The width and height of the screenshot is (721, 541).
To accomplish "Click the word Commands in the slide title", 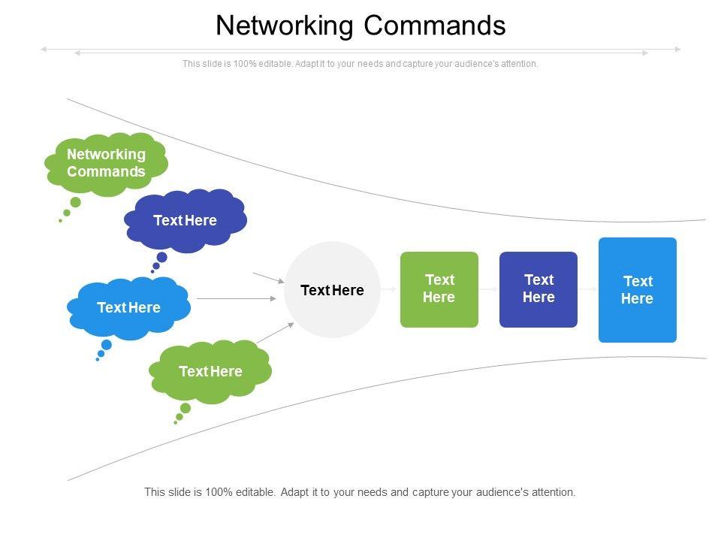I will click(435, 26).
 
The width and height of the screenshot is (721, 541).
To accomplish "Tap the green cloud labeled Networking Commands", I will click(106, 163).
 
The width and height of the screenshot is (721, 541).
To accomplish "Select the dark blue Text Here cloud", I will click(185, 220).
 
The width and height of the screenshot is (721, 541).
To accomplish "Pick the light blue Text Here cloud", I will click(128, 307).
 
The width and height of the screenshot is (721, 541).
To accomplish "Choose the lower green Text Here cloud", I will click(210, 371).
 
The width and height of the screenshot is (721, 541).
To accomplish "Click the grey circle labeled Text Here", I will click(332, 290).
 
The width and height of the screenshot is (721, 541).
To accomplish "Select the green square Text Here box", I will click(439, 289).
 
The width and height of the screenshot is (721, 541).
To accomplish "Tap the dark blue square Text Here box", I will click(538, 289).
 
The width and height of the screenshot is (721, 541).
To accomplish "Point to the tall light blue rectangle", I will click(638, 290).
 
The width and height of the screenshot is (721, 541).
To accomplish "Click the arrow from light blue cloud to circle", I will click(237, 299).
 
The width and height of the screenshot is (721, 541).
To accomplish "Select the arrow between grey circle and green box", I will click(390, 289).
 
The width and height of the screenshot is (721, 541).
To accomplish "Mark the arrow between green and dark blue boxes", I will click(488, 289).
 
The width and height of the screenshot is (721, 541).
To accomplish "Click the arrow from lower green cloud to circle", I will click(275, 333).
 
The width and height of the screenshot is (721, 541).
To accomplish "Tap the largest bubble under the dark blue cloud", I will click(161, 257).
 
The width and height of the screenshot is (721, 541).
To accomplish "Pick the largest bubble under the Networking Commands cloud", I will click(75, 202).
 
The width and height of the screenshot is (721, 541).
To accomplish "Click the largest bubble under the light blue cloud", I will click(106, 345).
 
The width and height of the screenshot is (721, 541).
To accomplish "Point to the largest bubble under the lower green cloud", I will click(185, 408).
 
